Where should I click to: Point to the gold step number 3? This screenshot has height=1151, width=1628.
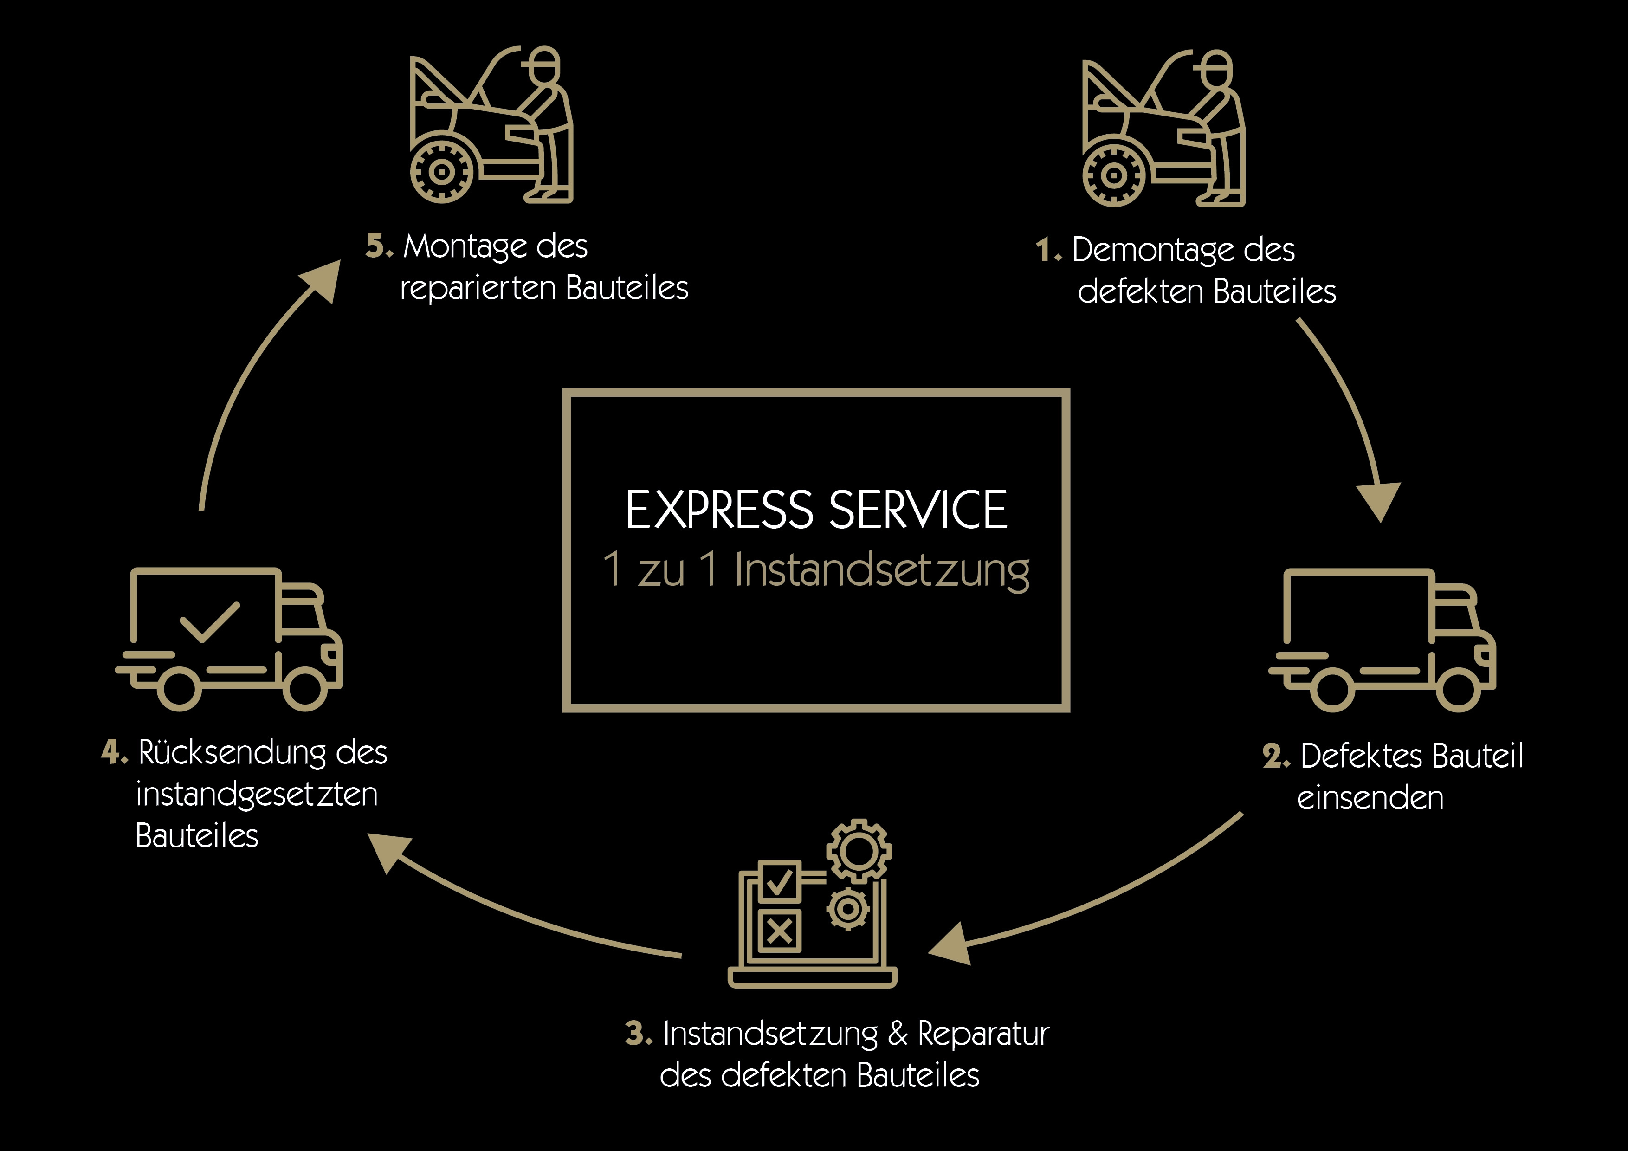coord(636,1033)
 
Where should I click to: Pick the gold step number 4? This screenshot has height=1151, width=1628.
coord(111,752)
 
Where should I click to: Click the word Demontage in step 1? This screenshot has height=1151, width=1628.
coord(1153,250)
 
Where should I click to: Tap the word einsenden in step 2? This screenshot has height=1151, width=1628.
coord(1370,798)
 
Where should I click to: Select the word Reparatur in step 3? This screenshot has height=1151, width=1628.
coord(983,1033)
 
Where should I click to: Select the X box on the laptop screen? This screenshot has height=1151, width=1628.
coord(779,931)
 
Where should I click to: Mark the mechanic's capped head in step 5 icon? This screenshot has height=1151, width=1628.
coord(544,65)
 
